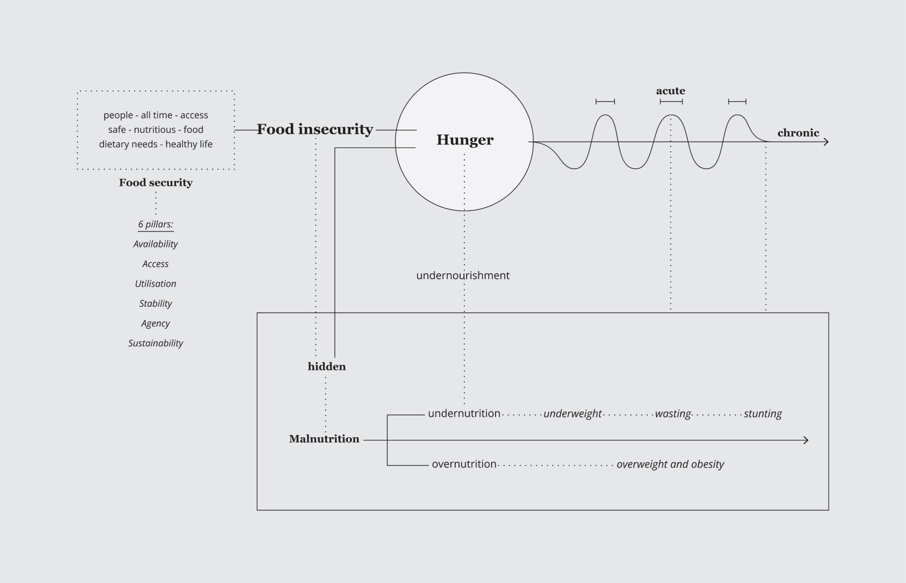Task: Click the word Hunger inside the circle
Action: [465, 140]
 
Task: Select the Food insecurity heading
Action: [315, 130]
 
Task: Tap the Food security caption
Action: [156, 183]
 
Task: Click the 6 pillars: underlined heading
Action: [156, 224]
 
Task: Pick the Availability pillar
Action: [155, 244]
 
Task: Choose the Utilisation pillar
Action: [155, 284]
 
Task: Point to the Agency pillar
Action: [155, 324]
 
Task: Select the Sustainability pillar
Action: [155, 343]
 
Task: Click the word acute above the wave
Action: [670, 91]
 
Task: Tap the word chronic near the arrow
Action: [798, 133]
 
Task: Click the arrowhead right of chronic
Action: [826, 142]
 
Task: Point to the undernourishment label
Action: [463, 276]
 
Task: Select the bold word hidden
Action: [327, 367]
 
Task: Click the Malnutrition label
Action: [324, 439]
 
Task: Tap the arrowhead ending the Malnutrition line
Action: [806, 440]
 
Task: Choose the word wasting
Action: [673, 414]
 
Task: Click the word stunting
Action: [762, 414]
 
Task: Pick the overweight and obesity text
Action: [670, 464]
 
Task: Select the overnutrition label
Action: [464, 464]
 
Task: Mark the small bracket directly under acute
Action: [671, 102]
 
